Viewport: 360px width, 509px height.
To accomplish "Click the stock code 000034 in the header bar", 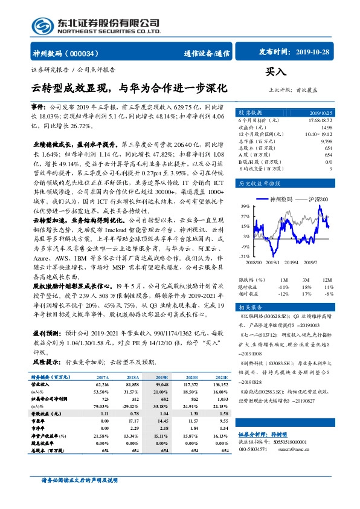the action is (90, 53).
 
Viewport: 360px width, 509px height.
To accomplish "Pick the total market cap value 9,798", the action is (327, 140).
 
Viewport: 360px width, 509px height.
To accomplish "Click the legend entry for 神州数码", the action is (280, 198).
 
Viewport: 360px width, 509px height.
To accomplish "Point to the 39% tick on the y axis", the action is (245, 206).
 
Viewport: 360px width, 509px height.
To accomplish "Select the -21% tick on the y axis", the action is (244, 239).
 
